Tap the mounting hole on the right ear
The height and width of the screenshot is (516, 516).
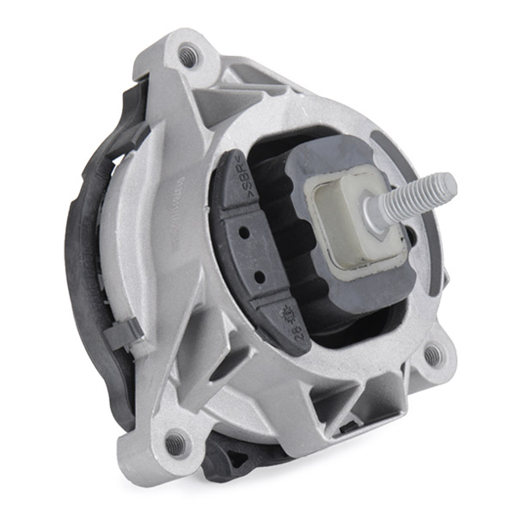click(432, 353)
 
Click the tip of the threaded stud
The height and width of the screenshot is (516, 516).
click(449, 181)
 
